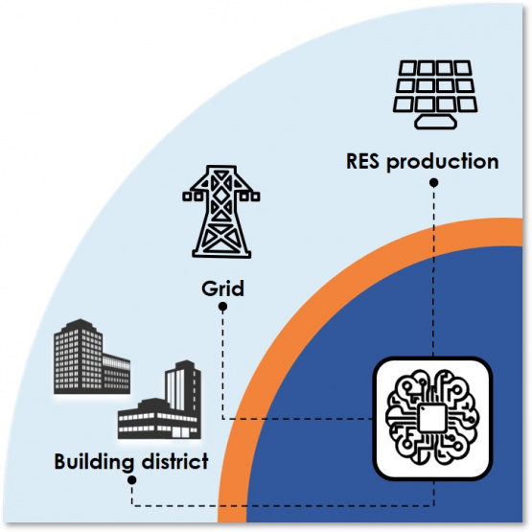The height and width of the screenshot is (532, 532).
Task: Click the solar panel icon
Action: (x=435, y=95)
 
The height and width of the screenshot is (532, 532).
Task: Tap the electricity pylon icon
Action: (x=221, y=212)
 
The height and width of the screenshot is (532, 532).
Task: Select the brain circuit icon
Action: (x=432, y=417)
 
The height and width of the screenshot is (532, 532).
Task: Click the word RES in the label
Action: (x=362, y=161)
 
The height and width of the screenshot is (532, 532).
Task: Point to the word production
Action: (x=443, y=162)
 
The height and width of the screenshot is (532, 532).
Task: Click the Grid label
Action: (x=222, y=289)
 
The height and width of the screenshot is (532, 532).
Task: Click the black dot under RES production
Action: (x=433, y=183)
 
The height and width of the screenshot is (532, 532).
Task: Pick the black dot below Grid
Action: (x=222, y=307)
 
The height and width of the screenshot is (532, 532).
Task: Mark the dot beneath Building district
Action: (x=132, y=480)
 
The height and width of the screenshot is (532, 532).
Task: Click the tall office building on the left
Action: (x=92, y=357)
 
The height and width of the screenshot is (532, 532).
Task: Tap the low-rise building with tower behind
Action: (x=159, y=401)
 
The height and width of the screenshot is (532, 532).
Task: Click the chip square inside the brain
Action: (x=431, y=418)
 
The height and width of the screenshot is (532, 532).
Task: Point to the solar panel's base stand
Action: (x=435, y=122)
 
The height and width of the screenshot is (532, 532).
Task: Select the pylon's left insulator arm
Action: (x=193, y=196)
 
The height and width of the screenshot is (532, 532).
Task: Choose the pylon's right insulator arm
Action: (x=250, y=196)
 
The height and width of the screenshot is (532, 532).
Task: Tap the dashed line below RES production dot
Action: (x=433, y=271)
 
